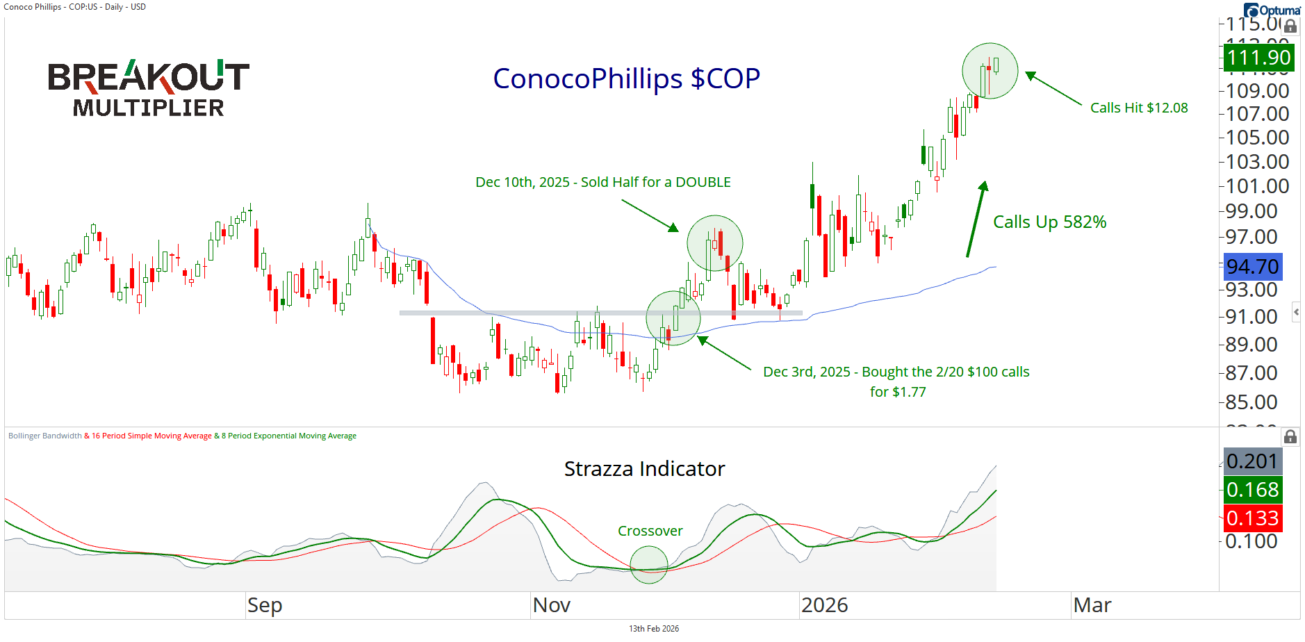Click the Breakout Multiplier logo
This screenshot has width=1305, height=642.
coord(148,88)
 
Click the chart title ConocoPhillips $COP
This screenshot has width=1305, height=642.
coord(626,79)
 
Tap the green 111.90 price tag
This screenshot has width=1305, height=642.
coord(1258,58)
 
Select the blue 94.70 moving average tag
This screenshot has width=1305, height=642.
coord(1252,267)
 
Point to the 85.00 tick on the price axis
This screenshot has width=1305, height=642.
coord(1251,402)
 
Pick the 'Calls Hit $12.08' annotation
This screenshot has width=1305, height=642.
coord(1138,108)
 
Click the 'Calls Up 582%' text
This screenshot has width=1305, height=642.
coord(1049,222)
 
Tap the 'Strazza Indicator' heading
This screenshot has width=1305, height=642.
coord(644,469)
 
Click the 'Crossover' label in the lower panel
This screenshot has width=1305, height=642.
coord(650,531)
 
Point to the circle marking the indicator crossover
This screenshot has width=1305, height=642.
coord(649,565)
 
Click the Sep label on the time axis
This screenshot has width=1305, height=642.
coord(265,605)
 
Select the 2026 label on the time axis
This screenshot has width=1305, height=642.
coord(824,605)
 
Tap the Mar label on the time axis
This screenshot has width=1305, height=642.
coord(1092,605)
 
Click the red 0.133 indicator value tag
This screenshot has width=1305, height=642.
coord(1252,518)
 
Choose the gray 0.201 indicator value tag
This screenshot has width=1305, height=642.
coord(1252,461)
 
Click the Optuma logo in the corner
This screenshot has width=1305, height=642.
coord(1272,10)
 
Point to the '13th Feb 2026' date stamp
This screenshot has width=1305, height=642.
coord(653,629)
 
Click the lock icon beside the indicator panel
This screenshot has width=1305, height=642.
coord(1290,436)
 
